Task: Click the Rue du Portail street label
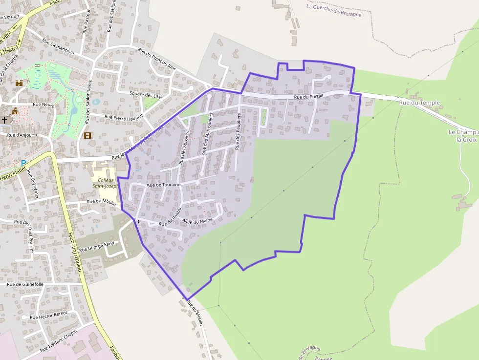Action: pos(309,98)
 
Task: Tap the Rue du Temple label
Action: pos(419,103)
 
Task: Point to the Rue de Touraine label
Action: pos(164,185)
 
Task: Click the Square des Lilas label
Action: pos(146,95)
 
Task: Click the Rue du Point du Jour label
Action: pos(156,58)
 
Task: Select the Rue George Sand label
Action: pos(96,246)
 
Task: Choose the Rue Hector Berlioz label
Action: pos(49,315)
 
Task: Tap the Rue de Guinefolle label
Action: pos(25,284)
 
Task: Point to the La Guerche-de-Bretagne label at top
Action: pos(334,11)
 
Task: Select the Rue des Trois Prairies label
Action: pos(25,235)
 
